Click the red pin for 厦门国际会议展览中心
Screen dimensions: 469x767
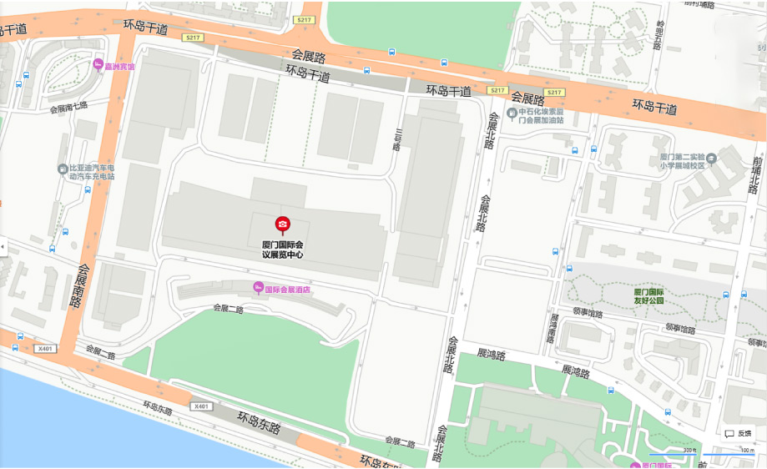(x=283, y=224)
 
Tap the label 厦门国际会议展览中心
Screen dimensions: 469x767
(x=283, y=250)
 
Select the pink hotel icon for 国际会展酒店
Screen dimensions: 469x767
(x=259, y=289)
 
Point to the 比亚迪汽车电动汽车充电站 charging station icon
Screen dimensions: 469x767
(x=63, y=169)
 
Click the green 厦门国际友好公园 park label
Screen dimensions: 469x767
(x=648, y=296)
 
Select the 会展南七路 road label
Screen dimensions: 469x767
(x=68, y=108)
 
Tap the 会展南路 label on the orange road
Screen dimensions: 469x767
(x=78, y=286)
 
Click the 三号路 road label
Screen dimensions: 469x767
(x=399, y=139)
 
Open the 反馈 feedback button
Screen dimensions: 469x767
(x=738, y=433)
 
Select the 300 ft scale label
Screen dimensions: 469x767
(x=689, y=451)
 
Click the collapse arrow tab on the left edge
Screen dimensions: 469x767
(x=3, y=247)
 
